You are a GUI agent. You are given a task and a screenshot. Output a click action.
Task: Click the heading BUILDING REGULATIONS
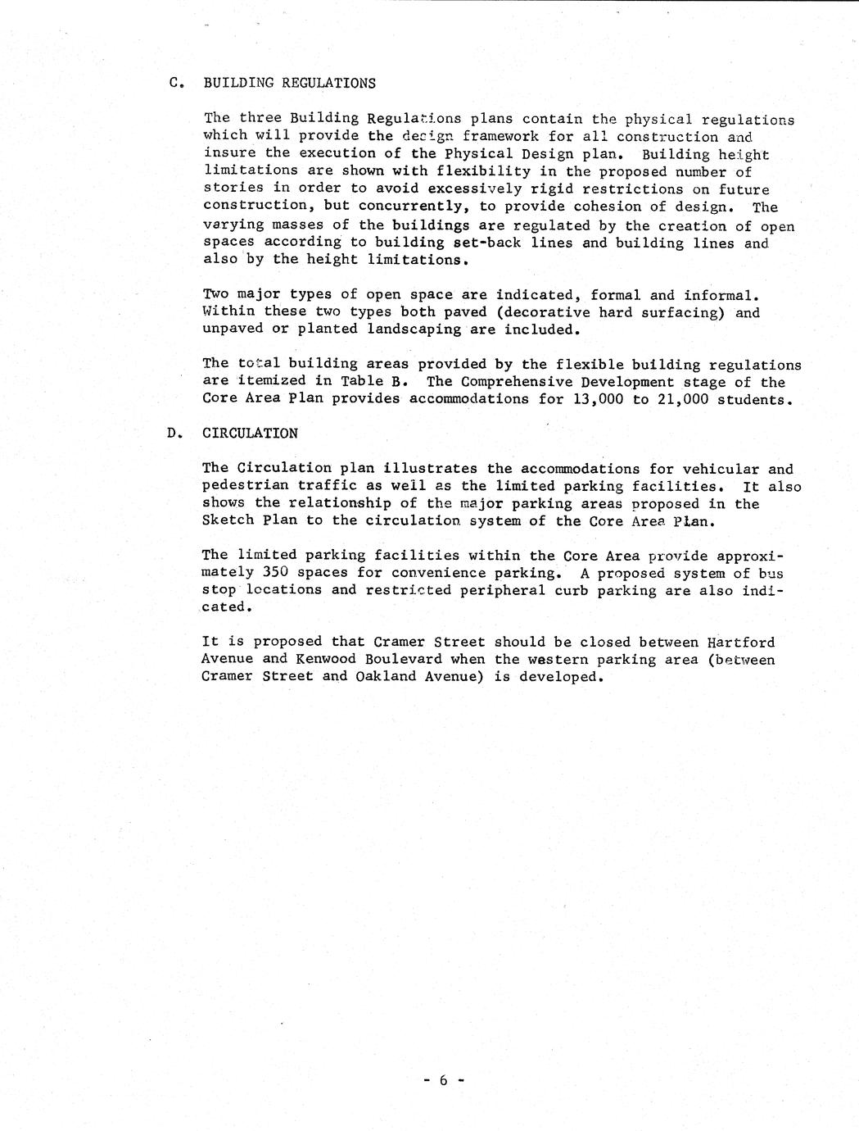tap(289, 83)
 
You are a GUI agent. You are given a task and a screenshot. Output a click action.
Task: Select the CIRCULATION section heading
tap(250, 433)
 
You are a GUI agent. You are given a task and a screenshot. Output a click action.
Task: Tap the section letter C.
tap(174, 83)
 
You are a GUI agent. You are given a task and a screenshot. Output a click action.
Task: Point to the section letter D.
tap(172, 433)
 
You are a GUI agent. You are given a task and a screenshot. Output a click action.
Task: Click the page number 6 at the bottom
tap(443, 1080)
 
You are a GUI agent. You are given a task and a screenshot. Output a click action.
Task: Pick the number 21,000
tap(682, 399)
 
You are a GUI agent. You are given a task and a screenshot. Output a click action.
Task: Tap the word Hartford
tap(740, 643)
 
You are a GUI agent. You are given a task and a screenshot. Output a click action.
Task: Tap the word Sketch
tap(228, 521)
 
